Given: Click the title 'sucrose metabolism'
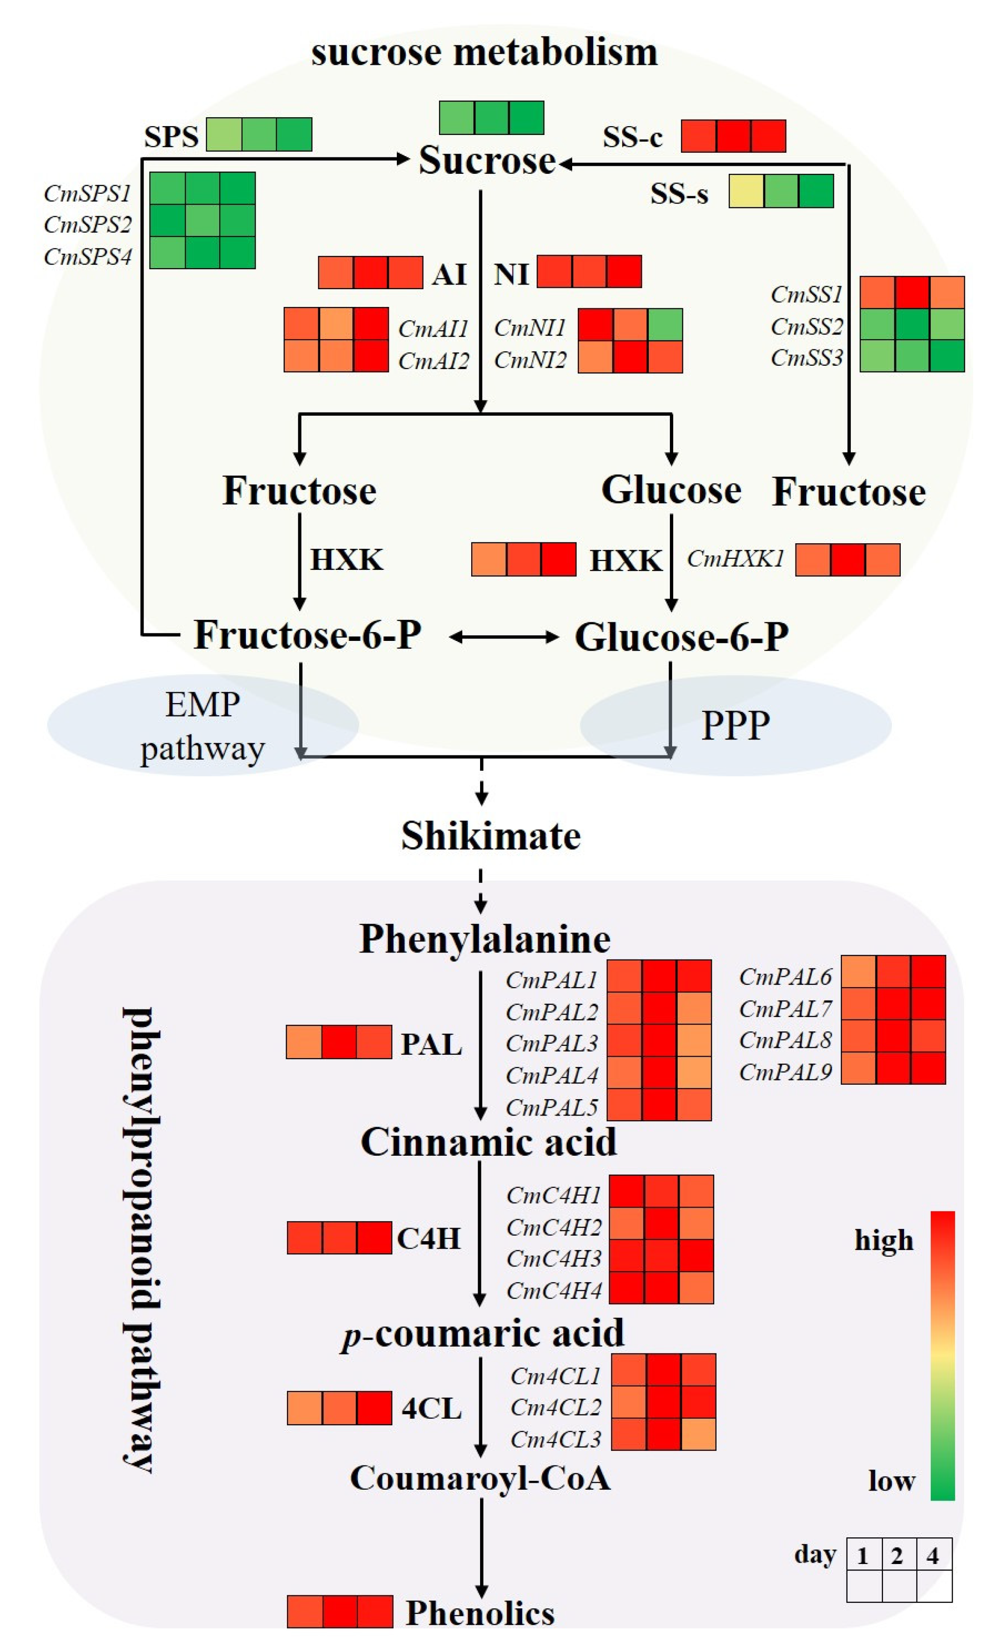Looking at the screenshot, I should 484,52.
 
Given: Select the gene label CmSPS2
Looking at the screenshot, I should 88,224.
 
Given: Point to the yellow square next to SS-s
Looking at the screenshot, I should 746,192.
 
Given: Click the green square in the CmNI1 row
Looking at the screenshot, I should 665,325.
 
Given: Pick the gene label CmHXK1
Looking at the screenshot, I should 735,558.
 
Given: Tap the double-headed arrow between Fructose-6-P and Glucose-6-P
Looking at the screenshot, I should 503,637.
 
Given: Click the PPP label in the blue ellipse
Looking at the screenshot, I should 735,725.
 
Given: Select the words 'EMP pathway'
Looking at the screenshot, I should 202,726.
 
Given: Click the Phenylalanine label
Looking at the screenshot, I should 485,938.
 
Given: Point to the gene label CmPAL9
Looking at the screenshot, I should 785,1072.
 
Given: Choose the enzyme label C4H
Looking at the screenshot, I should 429,1238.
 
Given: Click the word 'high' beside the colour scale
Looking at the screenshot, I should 884,1240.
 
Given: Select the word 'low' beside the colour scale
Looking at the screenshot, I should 891,1481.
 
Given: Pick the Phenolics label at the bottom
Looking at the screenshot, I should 480,1613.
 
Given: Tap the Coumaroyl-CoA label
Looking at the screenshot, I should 480,1478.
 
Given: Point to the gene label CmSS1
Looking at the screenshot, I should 806,294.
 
